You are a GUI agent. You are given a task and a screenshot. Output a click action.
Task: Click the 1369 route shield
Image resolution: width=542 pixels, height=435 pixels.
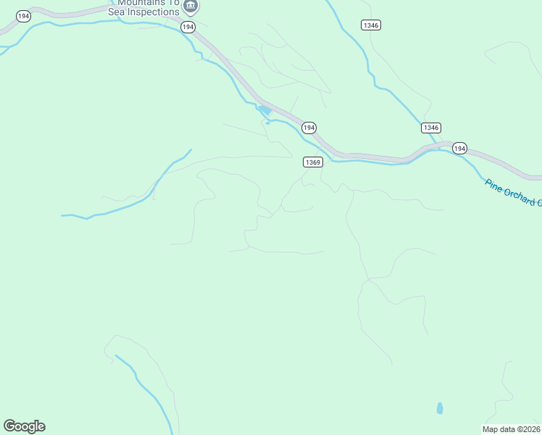coord(312,162)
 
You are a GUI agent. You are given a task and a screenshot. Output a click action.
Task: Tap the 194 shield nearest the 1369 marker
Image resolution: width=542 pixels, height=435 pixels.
coord(309,128)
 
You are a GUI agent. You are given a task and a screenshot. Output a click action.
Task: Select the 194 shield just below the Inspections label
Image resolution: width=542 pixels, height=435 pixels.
coord(188,27)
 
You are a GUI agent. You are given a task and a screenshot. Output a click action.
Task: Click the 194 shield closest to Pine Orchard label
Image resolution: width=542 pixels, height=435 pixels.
coord(459,148)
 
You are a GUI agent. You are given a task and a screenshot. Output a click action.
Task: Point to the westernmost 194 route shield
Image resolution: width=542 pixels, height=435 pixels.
coord(22,15)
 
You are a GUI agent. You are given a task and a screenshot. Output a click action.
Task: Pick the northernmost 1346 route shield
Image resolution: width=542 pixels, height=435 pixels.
coord(371,25)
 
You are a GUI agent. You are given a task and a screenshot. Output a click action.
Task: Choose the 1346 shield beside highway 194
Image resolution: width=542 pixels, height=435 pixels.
coord(430,128)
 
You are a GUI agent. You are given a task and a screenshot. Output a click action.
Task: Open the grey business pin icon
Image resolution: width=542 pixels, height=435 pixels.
coord(191,6)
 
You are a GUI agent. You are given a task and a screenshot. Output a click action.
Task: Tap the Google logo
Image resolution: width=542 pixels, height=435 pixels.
coord(24,426)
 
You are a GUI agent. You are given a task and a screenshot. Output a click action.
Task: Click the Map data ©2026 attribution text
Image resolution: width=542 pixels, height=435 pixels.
coord(512,429)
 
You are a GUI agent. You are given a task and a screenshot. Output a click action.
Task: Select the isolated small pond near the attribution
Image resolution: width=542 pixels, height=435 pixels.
coord(440,408)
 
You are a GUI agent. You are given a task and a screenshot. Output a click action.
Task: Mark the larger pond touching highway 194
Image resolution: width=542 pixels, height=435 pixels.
coord(265,110)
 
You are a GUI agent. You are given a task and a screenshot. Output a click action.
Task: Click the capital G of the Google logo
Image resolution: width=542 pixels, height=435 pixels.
coord(9,426)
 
